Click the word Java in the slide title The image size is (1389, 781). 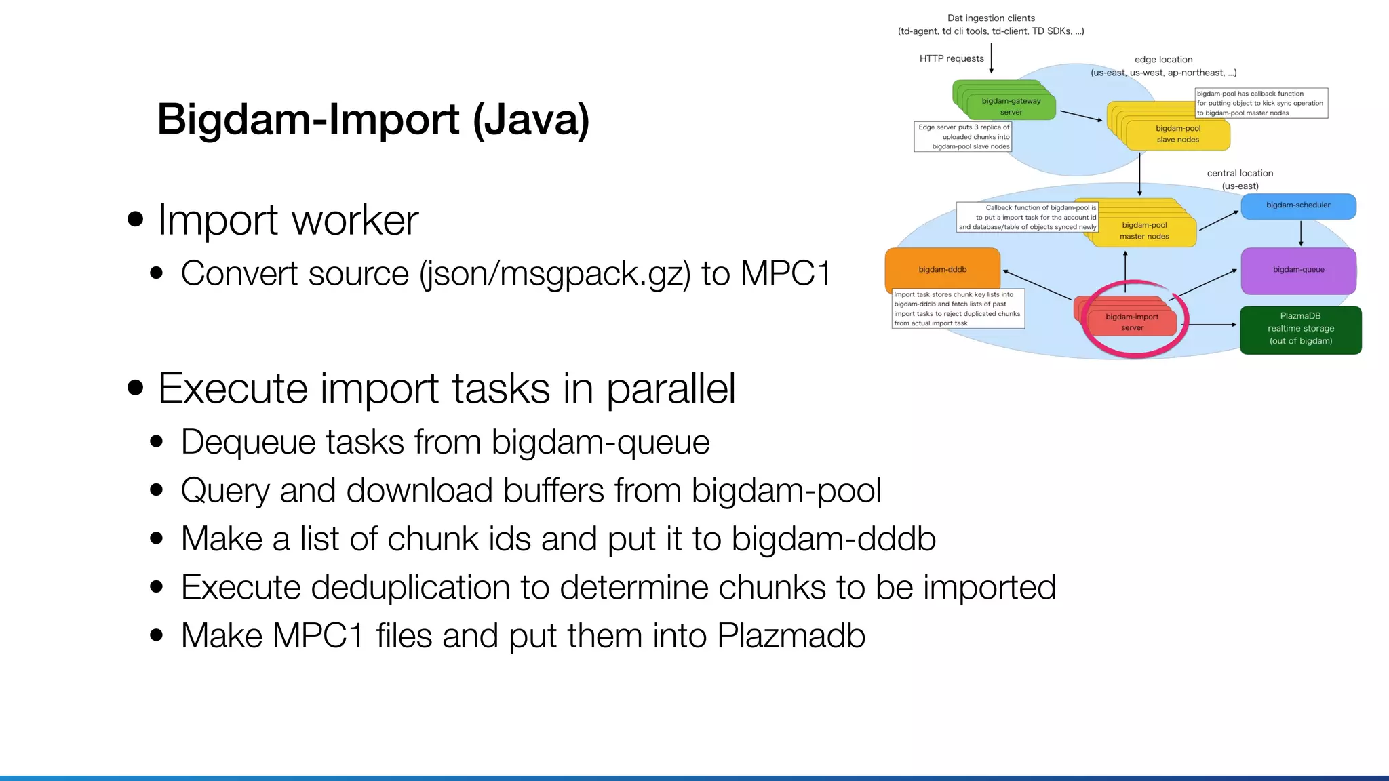(531, 120)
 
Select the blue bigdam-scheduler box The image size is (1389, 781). (1298, 206)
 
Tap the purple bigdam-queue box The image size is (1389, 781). (1298, 270)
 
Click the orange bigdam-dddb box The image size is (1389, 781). (942, 269)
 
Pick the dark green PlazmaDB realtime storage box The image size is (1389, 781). (1300, 329)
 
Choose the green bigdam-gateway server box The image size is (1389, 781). (1011, 106)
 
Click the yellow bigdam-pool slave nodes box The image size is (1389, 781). (1177, 134)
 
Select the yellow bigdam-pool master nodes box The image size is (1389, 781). (1144, 231)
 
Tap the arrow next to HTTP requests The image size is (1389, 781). (991, 58)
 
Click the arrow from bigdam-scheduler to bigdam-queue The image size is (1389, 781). (1300, 233)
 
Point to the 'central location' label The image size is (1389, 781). (1240, 174)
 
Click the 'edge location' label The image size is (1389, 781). (1163, 60)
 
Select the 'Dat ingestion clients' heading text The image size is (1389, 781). (991, 18)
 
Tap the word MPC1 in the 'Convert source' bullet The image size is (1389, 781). (785, 274)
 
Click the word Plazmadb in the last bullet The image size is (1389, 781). (791, 637)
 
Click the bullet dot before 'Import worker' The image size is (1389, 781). (136, 219)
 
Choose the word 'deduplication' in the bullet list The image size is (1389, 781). (410, 588)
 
